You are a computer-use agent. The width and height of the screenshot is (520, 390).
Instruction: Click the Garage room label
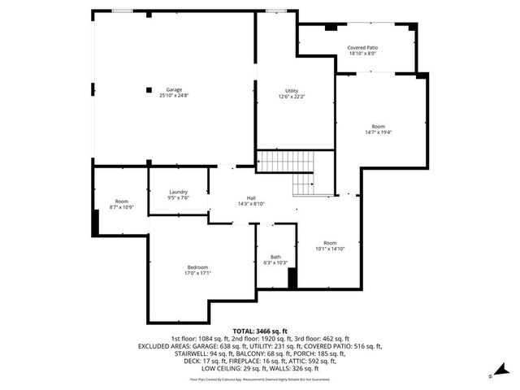[174, 89]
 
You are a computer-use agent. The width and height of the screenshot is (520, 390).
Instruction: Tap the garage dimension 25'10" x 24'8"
[174, 96]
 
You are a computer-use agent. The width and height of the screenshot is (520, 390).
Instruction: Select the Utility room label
[291, 90]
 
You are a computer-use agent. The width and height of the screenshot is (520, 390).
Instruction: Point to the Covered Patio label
[362, 48]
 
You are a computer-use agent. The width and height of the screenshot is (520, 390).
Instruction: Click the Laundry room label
[179, 192]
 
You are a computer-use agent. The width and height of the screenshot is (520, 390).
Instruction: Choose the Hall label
[251, 197]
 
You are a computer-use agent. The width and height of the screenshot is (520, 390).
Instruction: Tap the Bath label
[276, 257]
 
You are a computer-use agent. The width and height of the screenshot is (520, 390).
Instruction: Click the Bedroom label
[198, 267]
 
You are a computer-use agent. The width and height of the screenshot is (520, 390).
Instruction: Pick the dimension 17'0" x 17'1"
[198, 274]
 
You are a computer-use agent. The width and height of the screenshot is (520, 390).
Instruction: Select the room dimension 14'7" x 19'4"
[379, 133]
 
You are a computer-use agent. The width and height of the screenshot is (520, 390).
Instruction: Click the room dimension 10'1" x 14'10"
[330, 249]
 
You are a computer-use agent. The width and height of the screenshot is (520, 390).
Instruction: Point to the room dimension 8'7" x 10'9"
[121, 207]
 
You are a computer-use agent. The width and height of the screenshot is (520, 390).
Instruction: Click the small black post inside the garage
[149, 89]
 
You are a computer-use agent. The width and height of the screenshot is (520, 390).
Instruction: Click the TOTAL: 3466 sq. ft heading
[260, 331]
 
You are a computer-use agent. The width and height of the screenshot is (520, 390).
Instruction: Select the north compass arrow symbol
[492, 375]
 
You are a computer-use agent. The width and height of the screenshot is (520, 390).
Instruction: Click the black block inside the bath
[292, 277]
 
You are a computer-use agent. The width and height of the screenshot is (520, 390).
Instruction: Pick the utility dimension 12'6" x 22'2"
[291, 97]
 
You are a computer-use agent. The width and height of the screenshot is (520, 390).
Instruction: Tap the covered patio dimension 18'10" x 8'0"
[362, 54]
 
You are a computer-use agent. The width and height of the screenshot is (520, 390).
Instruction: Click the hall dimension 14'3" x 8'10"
[251, 204]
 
